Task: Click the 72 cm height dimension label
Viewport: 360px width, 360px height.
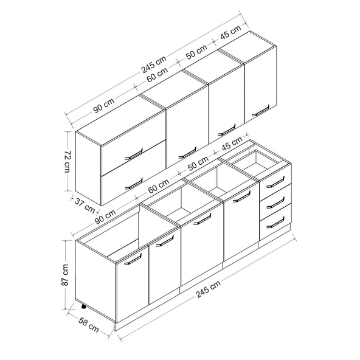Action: [x=68, y=161]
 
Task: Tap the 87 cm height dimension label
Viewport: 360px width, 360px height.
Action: [x=65, y=275]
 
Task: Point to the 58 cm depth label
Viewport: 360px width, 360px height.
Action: [x=88, y=325]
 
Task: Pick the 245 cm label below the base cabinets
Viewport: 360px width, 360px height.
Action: [x=208, y=289]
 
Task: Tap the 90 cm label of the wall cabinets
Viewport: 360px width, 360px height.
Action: [x=104, y=105]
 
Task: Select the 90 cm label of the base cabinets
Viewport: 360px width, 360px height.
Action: [x=105, y=216]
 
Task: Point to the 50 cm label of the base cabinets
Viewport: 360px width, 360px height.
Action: [x=198, y=164]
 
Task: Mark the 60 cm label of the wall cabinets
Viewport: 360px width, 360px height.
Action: [x=157, y=75]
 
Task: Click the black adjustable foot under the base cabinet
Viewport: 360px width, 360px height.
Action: [x=83, y=306]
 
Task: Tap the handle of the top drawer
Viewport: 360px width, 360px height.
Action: [x=275, y=182]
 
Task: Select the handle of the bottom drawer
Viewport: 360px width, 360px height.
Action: [x=275, y=223]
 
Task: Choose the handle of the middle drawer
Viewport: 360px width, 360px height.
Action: [x=275, y=202]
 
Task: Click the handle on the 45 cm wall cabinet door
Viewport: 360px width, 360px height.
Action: [x=261, y=111]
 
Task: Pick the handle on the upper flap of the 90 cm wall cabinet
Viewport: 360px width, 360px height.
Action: [x=134, y=154]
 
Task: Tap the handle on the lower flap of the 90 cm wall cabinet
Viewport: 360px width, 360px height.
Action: [x=134, y=184]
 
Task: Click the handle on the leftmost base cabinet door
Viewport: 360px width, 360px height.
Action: [x=133, y=259]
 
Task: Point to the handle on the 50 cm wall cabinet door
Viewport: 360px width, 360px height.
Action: [x=227, y=130]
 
